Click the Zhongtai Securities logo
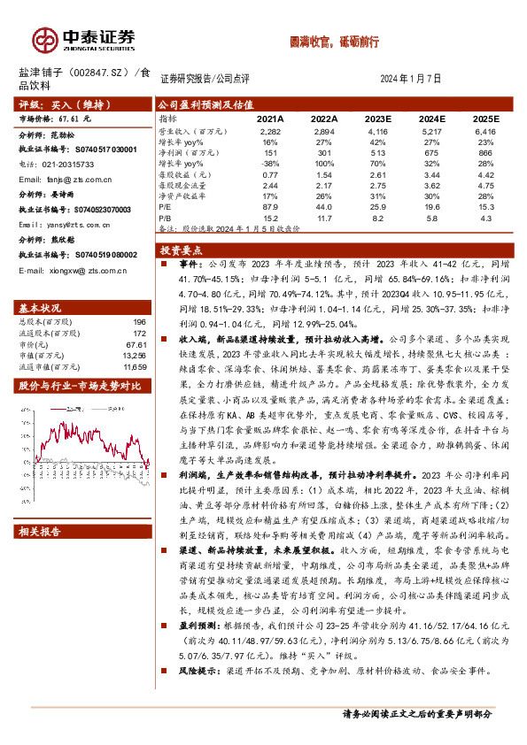click(84, 38)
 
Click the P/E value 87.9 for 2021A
click(270, 205)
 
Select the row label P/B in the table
click(166, 216)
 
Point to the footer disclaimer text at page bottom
click(416, 714)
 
